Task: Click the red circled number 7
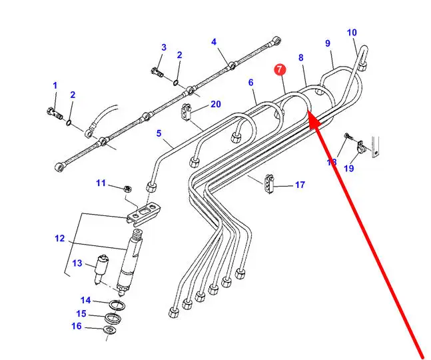(x=280, y=69)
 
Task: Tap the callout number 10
(x=352, y=33)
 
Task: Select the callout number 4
(x=214, y=42)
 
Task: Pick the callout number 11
(x=101, y=183)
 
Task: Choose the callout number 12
(x=59, y=238)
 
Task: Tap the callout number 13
(x=77, y=263)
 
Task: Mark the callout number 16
(x=77, y=326)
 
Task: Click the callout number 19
(x=349, y=168)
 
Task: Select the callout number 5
(x=159, y=133)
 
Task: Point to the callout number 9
(x=328, y=43)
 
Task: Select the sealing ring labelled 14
(x=117, y=305)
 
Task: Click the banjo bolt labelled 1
(x=53, y=109)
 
